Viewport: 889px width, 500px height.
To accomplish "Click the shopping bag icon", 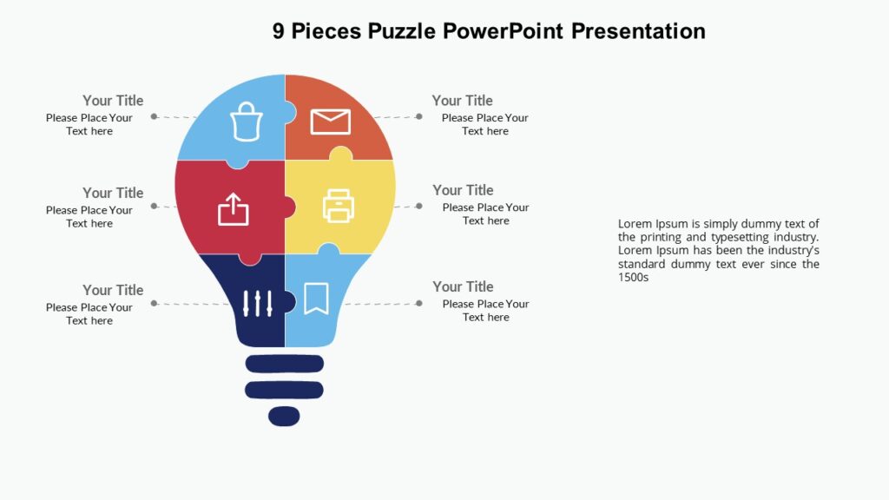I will (247, 122).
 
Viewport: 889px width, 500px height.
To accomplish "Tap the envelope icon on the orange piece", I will (330, 122).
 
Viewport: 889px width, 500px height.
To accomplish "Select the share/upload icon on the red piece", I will (233, 209).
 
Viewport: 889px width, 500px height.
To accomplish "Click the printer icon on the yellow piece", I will (339, 206).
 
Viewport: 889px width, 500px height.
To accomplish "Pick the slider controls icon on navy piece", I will (258, 303).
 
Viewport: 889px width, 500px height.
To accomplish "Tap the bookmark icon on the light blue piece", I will (315, 299).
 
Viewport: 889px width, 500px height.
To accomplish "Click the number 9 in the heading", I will (278, 31).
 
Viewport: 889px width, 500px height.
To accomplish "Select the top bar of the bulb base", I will (285, 363).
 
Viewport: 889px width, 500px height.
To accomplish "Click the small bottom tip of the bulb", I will (284, 417).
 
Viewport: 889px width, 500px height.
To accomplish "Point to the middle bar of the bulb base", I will (285, 390).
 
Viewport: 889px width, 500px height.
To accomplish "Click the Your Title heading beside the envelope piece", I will (462, 101).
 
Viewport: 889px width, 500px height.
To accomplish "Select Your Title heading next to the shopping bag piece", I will (113, 101).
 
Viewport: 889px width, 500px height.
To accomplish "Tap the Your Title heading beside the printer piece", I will (463, 190).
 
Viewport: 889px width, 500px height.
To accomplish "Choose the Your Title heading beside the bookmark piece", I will (463, 286).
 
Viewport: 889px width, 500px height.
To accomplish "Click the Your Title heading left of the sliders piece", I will (113, 290).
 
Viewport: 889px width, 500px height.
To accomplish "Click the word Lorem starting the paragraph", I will (635, 224).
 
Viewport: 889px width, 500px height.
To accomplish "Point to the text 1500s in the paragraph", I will (634, 278).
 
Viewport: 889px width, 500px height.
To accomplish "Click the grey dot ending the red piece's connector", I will (154, 206).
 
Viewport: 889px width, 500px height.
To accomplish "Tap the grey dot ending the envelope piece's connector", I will (418, 116).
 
